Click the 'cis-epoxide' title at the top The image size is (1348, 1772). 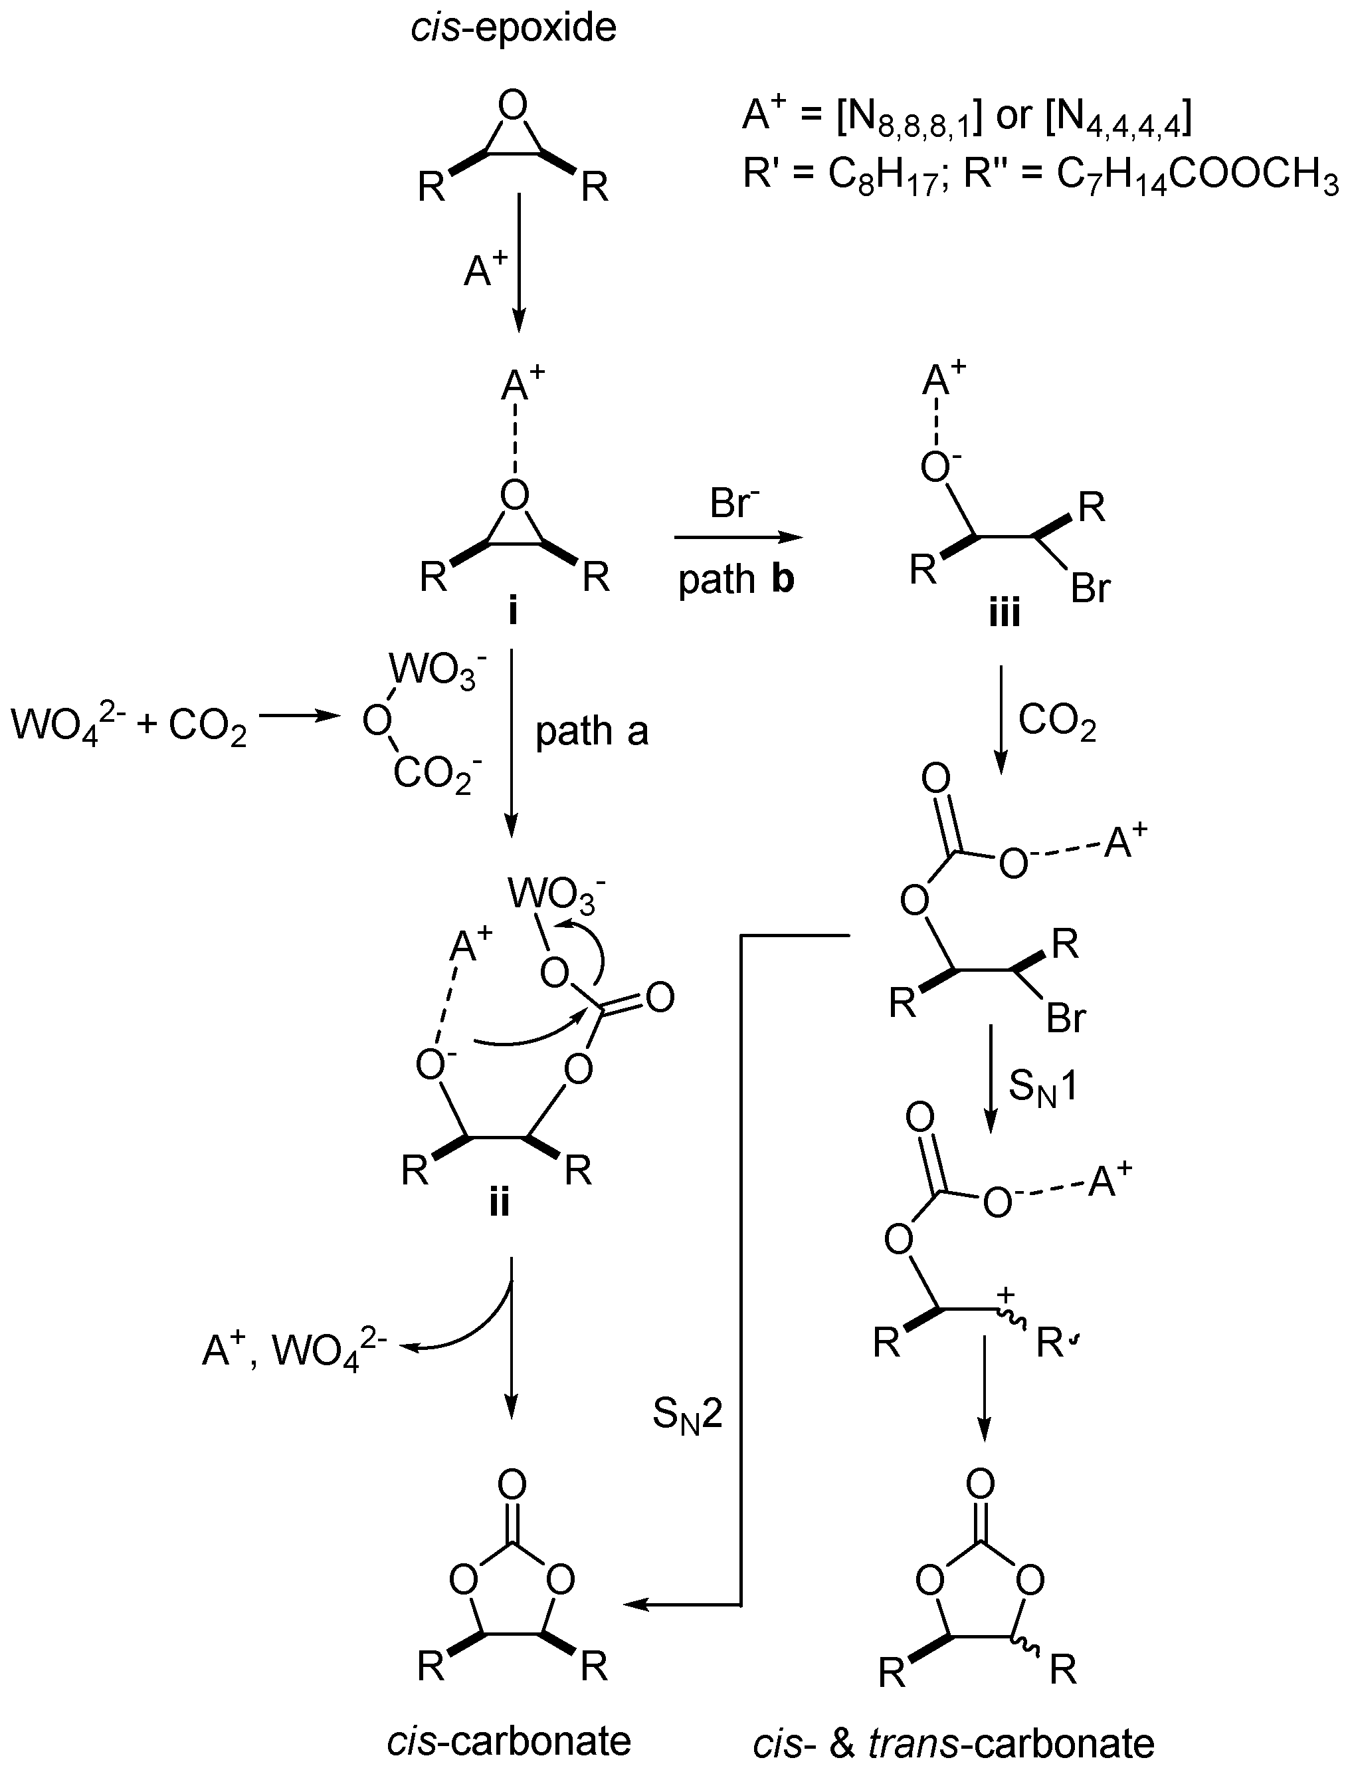[514, 29]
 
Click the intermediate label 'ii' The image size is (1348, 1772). [498, 1203]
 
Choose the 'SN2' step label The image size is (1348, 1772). [688, 1415]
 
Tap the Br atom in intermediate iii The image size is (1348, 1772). [1090, 590]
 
